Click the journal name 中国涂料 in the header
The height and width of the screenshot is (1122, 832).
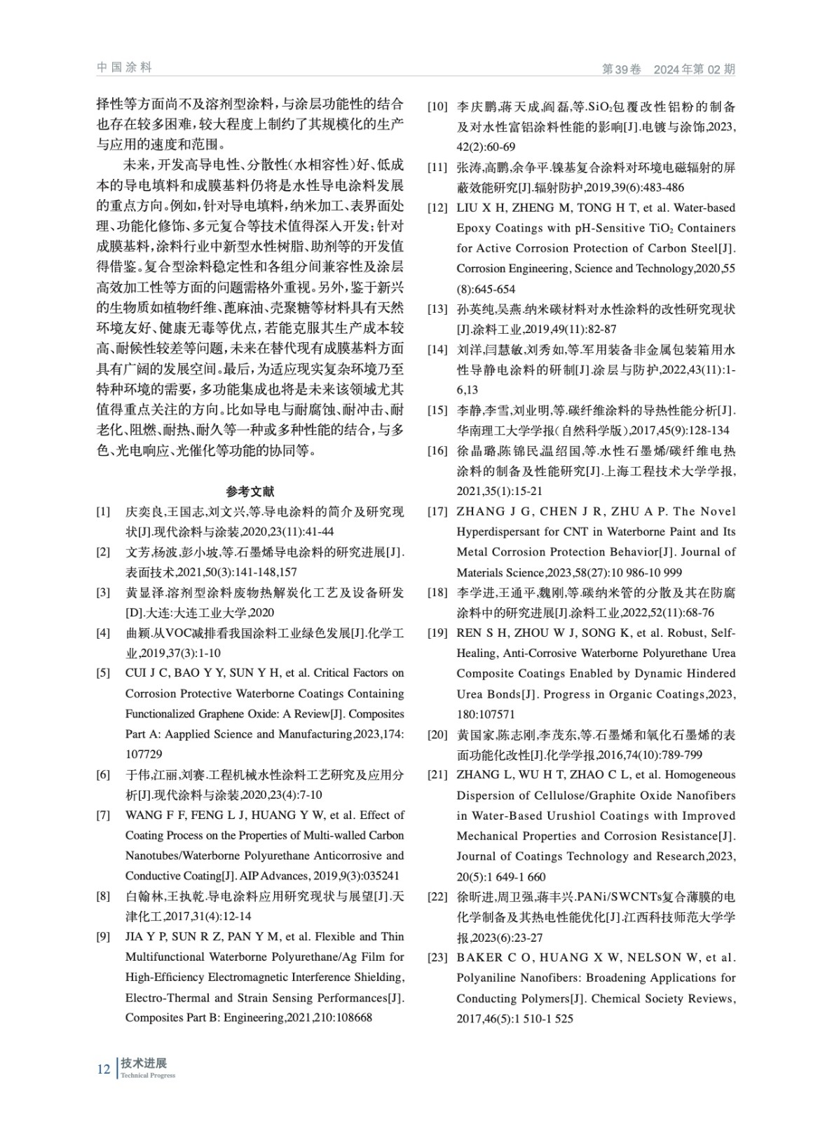coord(124,67)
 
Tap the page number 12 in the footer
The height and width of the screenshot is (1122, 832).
coord(104,1069)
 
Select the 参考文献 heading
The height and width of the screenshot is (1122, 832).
coord(250,491)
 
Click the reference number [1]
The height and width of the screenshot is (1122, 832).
coord(104,511)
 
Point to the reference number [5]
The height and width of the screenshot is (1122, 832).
coord(104,673)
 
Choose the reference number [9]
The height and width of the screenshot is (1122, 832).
coord(104,937)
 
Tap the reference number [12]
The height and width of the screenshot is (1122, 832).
coord(437,208)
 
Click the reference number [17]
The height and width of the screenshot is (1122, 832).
coord(437,511)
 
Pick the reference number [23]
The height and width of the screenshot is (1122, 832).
coord(437,957)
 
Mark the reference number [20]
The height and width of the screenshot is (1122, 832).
coord(437,735)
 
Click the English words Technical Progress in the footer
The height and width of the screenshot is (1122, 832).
coord(148,1076)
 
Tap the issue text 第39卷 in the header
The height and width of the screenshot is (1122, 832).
coord(622,69)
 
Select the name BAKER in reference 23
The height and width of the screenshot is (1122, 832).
coord(480,957)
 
